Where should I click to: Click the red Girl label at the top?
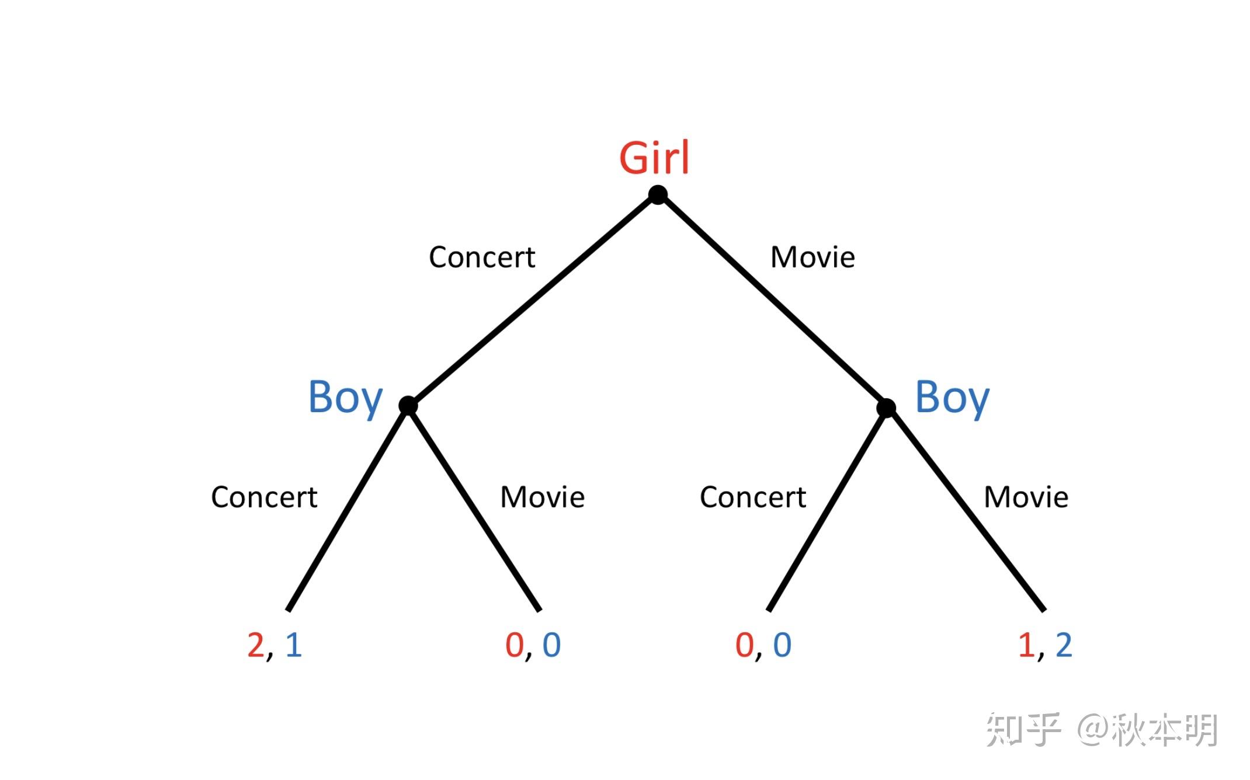654,158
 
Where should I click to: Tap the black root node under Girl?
658,195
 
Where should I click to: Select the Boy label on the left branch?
345,398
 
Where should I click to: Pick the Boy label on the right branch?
952,398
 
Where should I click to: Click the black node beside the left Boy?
408,405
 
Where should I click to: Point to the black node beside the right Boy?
886,408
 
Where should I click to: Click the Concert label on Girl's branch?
482,257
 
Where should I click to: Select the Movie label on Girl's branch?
812,257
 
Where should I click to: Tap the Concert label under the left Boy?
264,497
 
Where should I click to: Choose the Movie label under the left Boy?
543,497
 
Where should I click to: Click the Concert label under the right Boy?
753,497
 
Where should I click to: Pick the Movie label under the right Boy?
1026,497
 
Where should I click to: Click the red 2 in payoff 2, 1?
256,645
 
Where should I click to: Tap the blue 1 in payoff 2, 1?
293,645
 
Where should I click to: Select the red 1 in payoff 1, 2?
1026,645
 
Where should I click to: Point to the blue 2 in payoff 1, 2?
1064,645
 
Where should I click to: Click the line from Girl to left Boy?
533,300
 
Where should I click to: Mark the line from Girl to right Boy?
772,301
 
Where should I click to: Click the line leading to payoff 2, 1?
348,508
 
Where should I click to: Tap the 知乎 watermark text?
1023,730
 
